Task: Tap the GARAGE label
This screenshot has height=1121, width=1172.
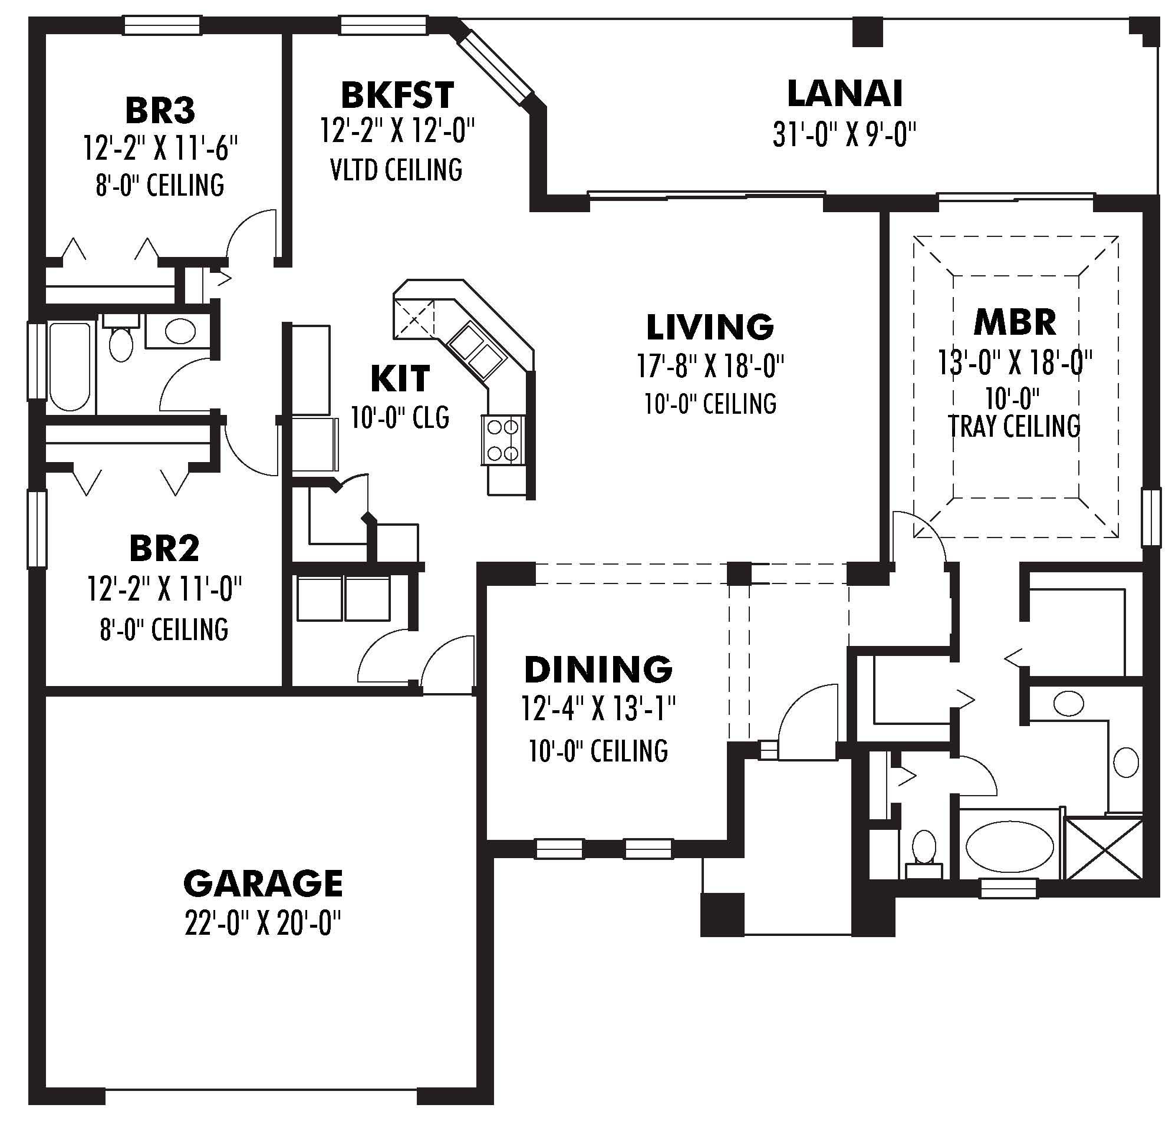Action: [x=263, y=883]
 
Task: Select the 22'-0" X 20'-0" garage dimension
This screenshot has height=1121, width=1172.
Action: [x=263, y=924]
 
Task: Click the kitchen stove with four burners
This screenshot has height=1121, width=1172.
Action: [x=502, y=440]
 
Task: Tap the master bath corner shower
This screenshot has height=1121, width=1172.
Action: [x=1104, y=849]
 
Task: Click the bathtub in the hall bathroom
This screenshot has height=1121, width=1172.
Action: [x=70, y=365]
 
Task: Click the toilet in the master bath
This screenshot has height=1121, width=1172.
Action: [x=924, y=849]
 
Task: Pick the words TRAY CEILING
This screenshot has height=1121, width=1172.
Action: [x=1014, y=426]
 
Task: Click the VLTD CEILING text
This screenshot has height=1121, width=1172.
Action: [x=396, y=170]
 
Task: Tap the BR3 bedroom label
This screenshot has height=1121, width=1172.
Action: [x=160, y=110]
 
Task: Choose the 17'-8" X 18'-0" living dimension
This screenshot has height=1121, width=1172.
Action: [x=710, y=365]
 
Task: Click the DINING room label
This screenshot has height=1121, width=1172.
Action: [x=598, y=670]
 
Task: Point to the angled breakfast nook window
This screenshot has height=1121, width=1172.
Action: [x=494, y=67]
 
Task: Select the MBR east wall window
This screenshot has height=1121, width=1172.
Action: [x=1151, y=517]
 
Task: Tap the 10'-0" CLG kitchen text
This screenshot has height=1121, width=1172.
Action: [x=400, y=417]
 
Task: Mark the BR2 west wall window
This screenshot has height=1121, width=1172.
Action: [x=37, y=528]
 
